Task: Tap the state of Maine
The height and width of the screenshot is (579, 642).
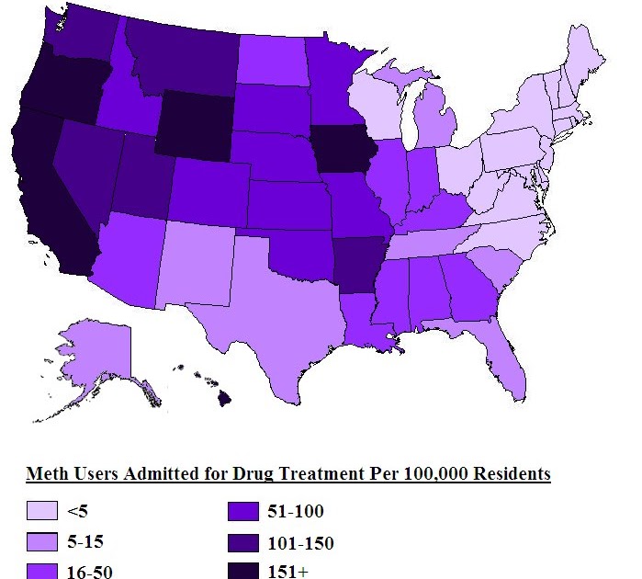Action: tap(583, 55)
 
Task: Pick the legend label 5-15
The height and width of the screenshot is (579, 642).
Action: tap(89, 543)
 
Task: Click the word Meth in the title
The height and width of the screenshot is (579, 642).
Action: tap(47, 474)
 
